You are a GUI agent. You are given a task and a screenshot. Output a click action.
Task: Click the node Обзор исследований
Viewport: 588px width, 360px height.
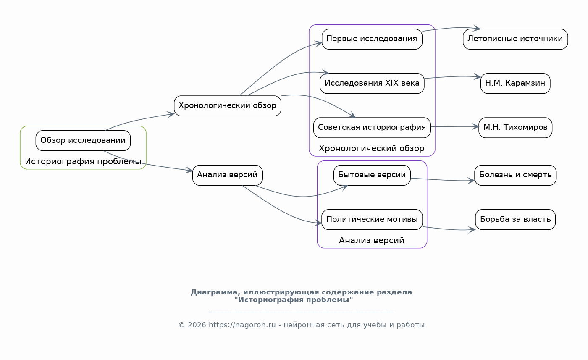[x=83, y=140]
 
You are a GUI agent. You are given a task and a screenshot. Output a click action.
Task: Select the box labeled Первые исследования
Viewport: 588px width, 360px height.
[x=372, y=39]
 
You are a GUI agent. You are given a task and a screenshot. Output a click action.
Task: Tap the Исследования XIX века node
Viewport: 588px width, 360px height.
[x=372, y=84]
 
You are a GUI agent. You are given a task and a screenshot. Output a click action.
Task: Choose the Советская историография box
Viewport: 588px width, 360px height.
[x=372, y=128]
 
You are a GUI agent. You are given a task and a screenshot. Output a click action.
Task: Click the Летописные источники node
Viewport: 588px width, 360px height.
[x=515, y=39]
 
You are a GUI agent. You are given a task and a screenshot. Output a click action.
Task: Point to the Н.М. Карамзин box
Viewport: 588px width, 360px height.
[x=515, y=84]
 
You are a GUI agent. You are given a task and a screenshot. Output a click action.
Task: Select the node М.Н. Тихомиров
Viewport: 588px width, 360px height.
[x=515, y=128]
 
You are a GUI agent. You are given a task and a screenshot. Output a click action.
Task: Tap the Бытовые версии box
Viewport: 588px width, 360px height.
[x=372, y=175]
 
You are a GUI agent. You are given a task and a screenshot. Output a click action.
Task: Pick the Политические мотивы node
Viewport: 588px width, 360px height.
[x=372, y=220]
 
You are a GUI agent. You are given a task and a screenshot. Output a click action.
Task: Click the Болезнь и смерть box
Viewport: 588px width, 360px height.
[x=515, y=175]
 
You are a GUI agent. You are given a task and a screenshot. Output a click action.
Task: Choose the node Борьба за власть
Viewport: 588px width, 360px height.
[x=515, y=220]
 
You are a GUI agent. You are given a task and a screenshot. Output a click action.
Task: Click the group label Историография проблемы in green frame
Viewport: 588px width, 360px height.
[x=83, y=161]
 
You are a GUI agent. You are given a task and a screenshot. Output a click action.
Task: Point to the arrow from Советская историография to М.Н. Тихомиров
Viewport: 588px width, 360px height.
[x=454, y=126]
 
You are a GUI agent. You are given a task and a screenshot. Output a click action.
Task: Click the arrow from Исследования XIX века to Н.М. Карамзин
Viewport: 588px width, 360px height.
[x=453, y=77]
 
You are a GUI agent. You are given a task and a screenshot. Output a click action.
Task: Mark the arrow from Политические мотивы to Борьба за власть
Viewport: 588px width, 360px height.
[x=449, y=229]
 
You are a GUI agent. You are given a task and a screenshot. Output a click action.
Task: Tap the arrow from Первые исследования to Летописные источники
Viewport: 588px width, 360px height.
[x=451, y=28]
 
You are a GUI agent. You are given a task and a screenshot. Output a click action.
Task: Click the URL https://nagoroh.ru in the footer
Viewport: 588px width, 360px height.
[x=242, y=325]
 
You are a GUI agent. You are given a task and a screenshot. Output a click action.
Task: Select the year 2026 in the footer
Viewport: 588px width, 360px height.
[x=197, y=325]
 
